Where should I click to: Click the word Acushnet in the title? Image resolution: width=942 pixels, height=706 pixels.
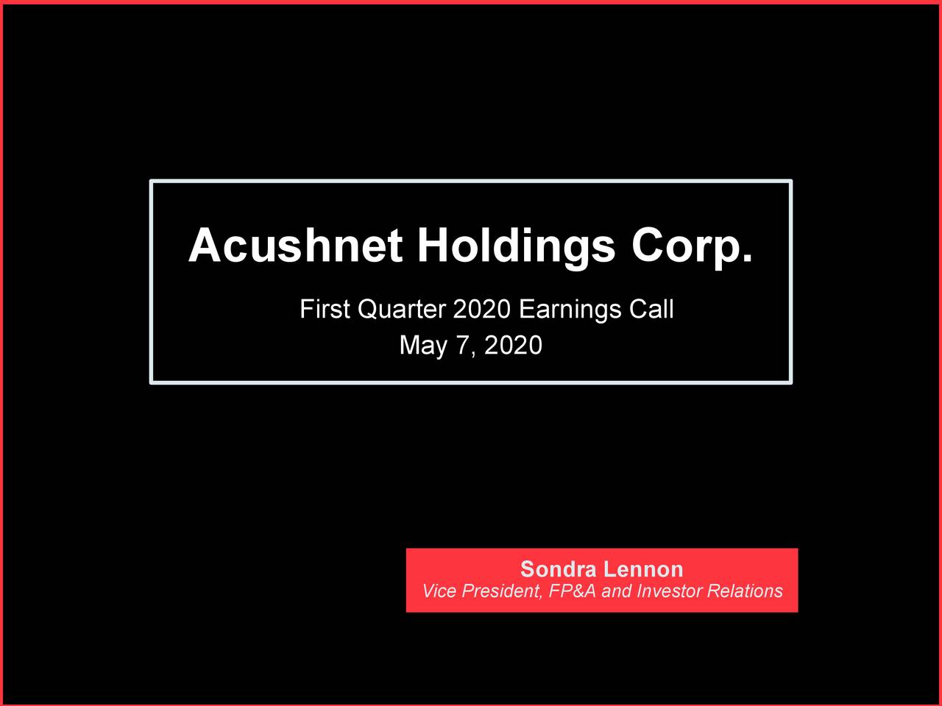[x=295, y=246]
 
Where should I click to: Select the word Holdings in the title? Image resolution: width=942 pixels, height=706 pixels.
[x=516, y=247]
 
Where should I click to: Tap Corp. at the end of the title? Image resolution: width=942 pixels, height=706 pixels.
[x=692, y=247]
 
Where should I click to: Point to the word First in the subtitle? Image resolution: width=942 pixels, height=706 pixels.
[x=325, y=310]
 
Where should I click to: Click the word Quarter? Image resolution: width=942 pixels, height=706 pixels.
[x=402, y=310]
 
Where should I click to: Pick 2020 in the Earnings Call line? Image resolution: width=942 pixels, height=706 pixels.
[x=481, y=310]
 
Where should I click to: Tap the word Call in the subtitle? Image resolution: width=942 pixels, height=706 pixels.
[x=651, y=310]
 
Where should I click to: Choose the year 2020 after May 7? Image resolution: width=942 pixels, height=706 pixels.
[x=513, y=345]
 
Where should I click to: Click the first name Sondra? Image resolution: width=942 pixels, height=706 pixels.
[x=558, y=569]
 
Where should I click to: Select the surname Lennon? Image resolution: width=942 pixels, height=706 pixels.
[x=643, y=569]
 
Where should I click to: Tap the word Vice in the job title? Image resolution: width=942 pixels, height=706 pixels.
[x=439, y=591]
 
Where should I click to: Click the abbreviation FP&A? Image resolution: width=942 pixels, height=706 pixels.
[x=573, y=591]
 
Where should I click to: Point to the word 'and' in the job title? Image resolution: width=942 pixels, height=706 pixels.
[x=616, y=591]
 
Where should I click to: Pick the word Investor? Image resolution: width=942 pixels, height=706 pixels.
[x=669, y=591]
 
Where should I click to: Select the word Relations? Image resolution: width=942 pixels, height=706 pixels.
[x=744, y=591]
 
